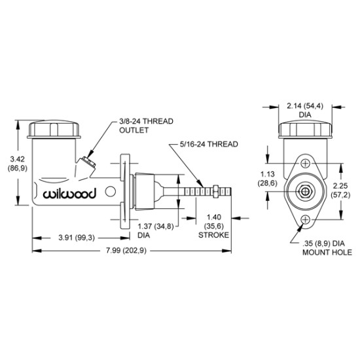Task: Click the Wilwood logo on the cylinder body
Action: (69, 193)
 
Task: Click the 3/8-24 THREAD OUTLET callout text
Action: (146, 126)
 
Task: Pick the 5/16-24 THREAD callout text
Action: (208, 145)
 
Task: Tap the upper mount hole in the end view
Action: (306, 164)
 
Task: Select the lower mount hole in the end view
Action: (306, 219)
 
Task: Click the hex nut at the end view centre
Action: (305, 192)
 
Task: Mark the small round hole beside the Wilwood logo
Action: (110, 191)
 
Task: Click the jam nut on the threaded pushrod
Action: (216, 192)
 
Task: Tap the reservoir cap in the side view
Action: (54, 130)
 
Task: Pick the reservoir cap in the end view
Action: (305, 130)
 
